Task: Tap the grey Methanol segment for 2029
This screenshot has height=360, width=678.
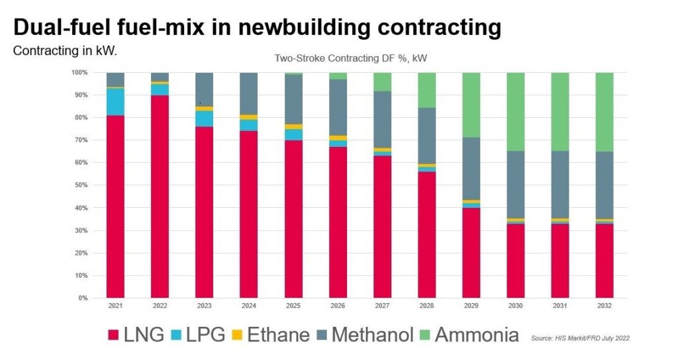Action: point(471,169)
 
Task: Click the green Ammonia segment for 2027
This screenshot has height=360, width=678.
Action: point(382,81)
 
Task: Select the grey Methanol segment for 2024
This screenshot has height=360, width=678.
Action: point(248,93)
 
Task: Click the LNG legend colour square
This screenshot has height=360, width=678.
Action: point(113,335)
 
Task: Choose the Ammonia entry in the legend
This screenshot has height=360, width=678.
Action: point(467,335)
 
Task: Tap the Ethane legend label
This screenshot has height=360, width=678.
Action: point(278,335)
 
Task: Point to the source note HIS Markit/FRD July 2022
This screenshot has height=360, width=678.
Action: point(580,338)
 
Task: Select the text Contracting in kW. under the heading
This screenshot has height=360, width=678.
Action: point(65,50)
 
